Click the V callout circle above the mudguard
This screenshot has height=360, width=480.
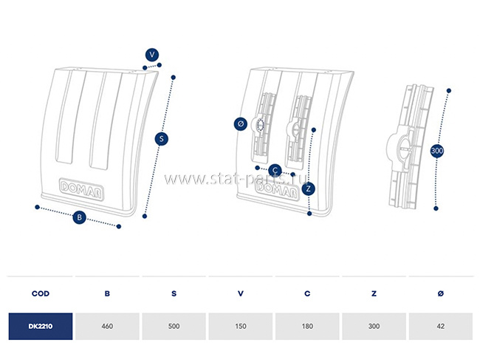tap(152, 55)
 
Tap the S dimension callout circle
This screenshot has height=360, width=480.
tap(161, 139)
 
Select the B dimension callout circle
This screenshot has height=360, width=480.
tap(79, 217)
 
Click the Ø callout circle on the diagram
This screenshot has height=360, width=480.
tap(240, 123)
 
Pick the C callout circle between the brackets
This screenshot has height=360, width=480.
tap(275, 170)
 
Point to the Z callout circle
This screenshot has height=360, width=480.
tap(308, 189)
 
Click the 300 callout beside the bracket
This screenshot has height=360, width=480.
tap(437, 151)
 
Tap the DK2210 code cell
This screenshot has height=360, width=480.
tap(41, 326)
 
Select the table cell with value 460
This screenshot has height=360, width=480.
tap(107, 326)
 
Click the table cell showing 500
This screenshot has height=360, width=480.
tap(174, 326)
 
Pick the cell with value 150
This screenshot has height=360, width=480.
tap(241, 326)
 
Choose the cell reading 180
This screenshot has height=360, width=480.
tap(307, 326)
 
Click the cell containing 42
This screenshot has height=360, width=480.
tap(441, 326)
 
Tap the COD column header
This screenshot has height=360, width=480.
tap(41, 293)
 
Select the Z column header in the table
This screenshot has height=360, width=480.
tap(374, 293)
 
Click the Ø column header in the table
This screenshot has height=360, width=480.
tap(441, 293)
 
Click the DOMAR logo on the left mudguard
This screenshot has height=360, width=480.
tap(81, 189)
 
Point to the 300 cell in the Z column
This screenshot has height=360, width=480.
tap(374, 326)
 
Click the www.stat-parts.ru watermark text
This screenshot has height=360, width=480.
tap(236, 179)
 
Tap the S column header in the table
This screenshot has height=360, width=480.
tap(174, 293)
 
